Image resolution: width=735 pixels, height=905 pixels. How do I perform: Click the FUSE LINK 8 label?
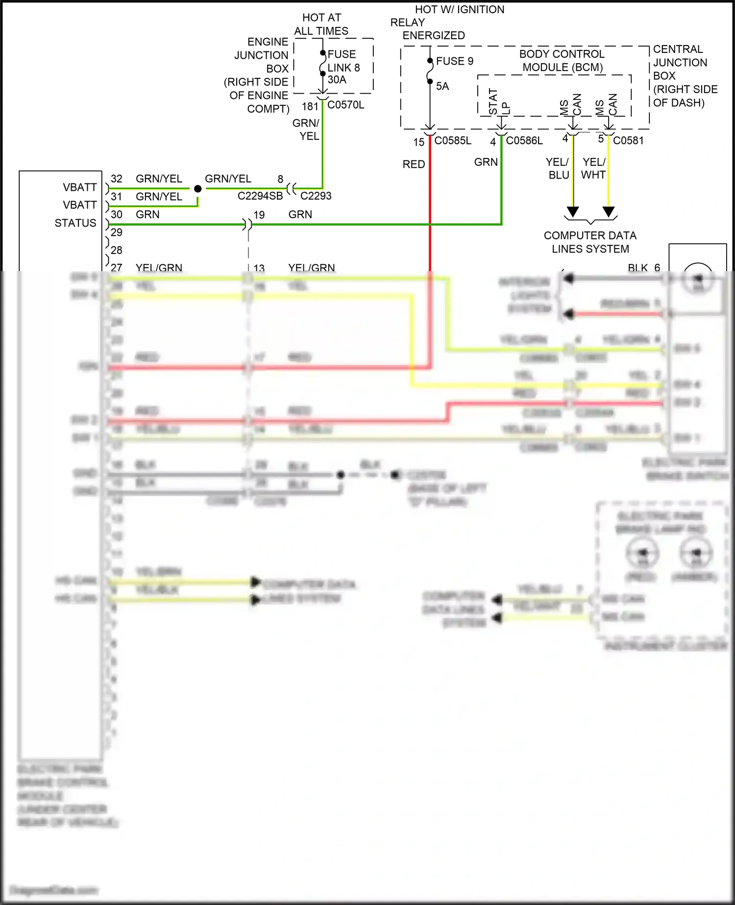(x=343, y=61)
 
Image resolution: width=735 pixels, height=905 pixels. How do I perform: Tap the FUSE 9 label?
(x=454, y=61)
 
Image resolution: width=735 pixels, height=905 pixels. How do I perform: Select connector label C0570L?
(x=345, y=105)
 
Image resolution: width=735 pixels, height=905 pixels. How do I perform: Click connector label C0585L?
(x=453, y=141)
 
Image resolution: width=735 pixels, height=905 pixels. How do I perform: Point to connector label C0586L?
(x=524, y=141)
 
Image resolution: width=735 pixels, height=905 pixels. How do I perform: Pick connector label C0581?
(x=628, y=141)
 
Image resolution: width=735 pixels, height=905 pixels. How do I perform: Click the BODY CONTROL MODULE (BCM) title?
(x=562, y=61)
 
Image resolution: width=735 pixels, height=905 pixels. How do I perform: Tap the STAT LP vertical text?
(x=499, y=102)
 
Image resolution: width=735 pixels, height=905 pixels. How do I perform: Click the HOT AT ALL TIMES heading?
(x=321, y=25)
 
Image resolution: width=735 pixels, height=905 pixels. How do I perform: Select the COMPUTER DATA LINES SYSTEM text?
(x=590, y=242)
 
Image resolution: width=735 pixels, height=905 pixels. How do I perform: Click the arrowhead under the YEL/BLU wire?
(x=572, y=212)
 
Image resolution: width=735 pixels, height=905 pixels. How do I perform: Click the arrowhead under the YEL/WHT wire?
(x=609, y=212)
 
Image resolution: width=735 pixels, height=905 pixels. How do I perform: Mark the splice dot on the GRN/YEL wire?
(x=197, y=189)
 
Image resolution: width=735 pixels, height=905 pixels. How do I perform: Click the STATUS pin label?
(x=75, y=223)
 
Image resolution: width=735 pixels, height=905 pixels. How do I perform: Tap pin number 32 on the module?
(x=117, y=179)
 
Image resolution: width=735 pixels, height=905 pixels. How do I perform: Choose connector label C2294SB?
(x=260, y=196)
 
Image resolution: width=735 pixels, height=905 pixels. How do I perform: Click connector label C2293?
(x=316, y=196)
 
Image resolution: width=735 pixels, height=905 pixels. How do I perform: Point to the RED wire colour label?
(x=414, y=164)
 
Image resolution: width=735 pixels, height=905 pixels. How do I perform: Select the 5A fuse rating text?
(x=442, y=86)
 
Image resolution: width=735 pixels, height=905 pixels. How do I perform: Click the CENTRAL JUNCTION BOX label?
(x=680, y=62)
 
